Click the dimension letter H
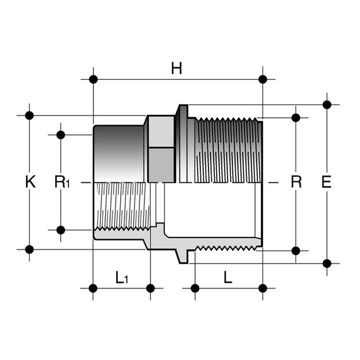[177, 69]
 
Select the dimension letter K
[30, 182]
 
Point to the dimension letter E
[326, 182]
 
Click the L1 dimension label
[121, 278]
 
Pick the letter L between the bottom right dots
[228, 278]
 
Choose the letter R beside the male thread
[296, 182]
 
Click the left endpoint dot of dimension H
[93, 79]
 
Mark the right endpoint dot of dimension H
[262, 79]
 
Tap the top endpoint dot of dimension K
[30, 115]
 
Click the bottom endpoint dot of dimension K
[30, 250]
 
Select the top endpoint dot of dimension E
[327, 105]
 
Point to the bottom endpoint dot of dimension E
[327, 263]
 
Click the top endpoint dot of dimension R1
[61, 135]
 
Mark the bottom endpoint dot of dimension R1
[61, 230]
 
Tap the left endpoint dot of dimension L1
[93, 288]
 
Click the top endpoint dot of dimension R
[296, 118]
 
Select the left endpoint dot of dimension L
[195, 288]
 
